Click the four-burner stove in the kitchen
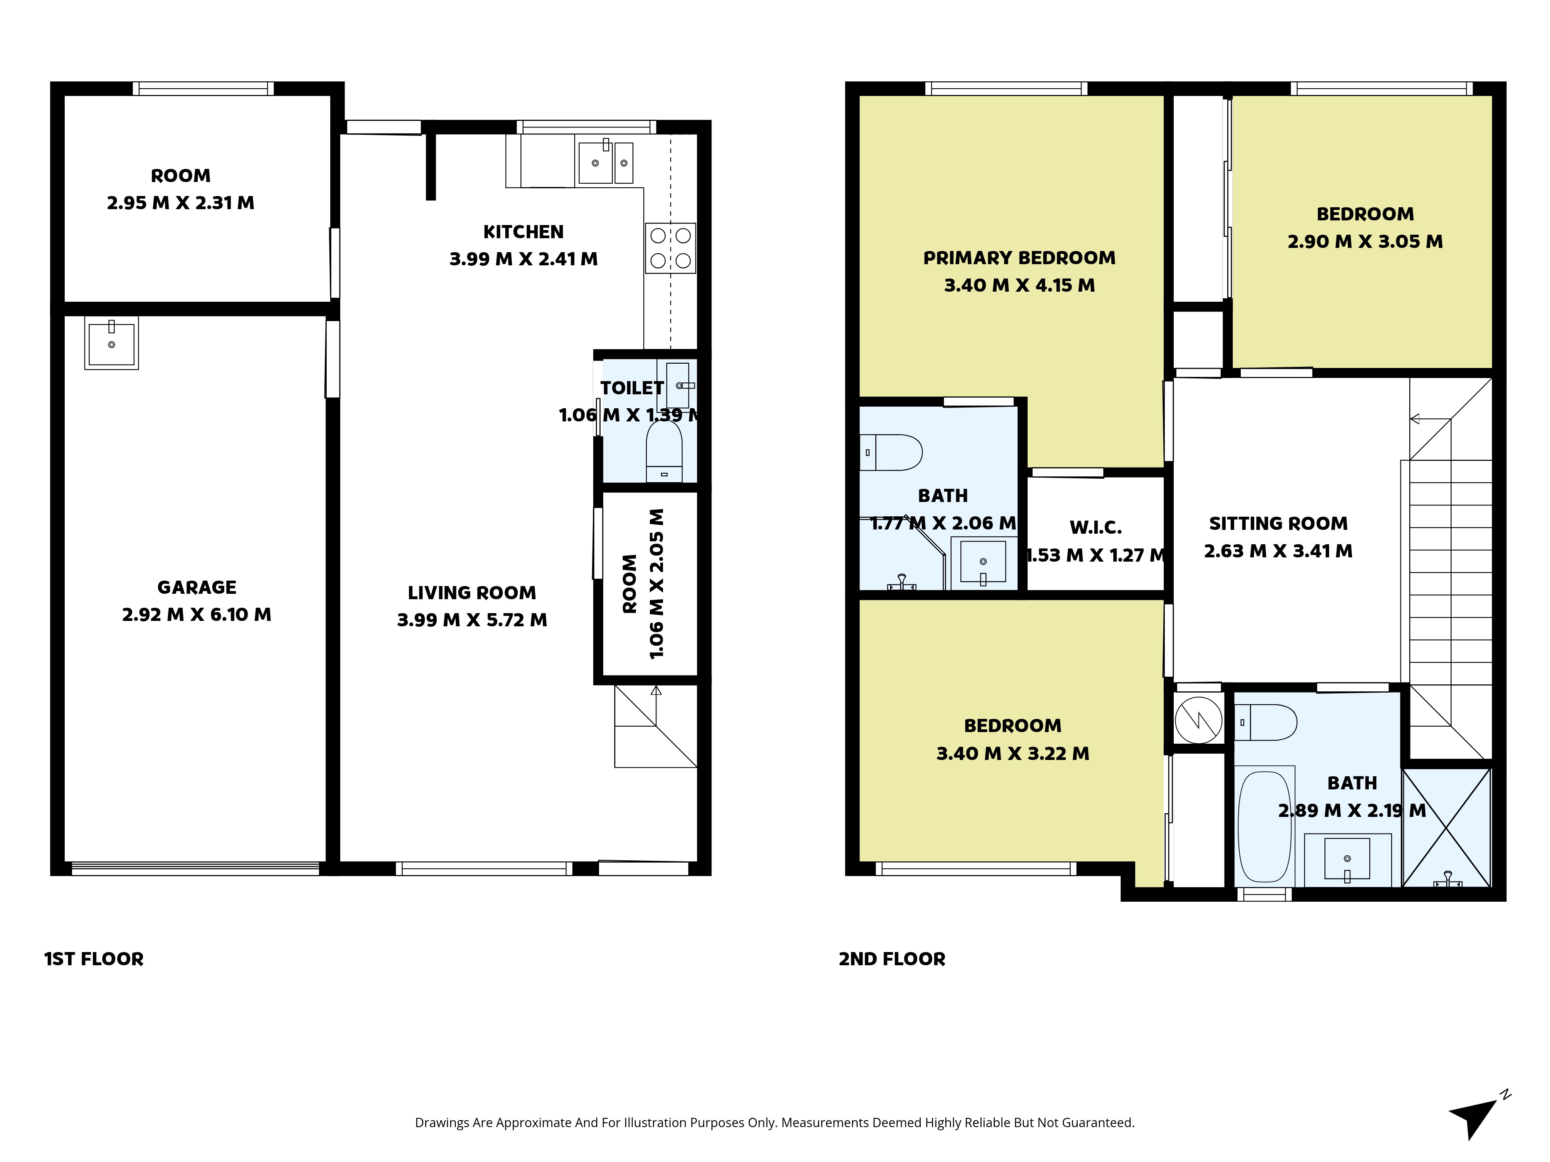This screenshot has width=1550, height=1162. pyautogui.click(x=670, y=248)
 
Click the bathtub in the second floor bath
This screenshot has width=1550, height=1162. pyautogui.click(x=1265, y=827)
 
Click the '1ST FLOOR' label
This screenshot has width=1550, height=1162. pyautogui.click(x=94, y=959)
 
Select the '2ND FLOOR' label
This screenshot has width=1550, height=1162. pyautogui.click(x=892, y=959)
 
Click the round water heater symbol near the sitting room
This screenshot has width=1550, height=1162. pyautogui.click(x=1198, y=719)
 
